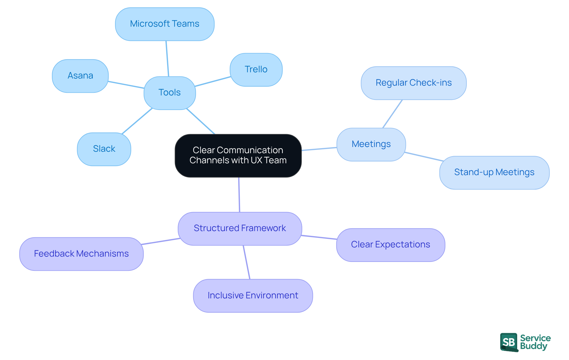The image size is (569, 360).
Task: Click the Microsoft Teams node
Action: coord(165,24)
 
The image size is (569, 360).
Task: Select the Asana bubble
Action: coord(80,76)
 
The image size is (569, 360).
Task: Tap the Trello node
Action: coord(256,70)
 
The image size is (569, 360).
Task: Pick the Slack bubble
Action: coord(104,149)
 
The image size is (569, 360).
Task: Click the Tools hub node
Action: coord(170,93)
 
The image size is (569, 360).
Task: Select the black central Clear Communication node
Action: coord(238,156)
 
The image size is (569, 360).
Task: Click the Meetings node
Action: coord(371,144)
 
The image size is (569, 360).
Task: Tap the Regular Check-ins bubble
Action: coord(413,83)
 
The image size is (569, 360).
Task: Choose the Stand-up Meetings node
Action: coord(494,172)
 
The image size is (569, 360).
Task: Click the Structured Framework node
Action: coord(240,228)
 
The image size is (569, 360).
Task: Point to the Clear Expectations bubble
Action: coord(390,245)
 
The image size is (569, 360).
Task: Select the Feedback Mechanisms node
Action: coord(81,254)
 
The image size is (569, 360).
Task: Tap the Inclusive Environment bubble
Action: coord(253,296)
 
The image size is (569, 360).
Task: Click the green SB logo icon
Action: coord(509,342)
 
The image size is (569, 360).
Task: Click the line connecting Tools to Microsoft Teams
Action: coord(167,59)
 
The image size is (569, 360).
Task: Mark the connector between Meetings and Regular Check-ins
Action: coord(392,114)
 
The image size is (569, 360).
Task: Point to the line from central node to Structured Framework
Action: coord(239,195)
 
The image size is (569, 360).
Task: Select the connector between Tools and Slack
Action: coord(137,121)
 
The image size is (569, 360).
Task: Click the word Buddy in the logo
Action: coord(533,346)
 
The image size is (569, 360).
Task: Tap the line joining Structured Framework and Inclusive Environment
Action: coord(247,262)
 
